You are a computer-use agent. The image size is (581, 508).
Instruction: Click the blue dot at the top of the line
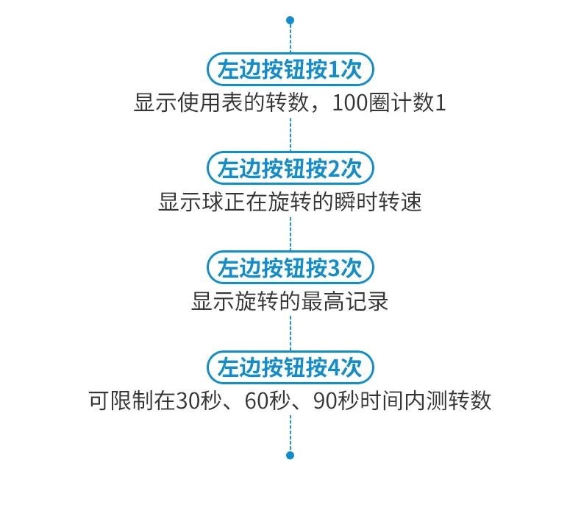tap(290, 20)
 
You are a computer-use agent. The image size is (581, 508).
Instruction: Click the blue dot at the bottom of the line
tap(290, 455)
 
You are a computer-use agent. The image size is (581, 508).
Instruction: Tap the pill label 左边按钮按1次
tap(290, 69)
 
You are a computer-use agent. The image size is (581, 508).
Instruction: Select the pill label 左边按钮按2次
tap(290, 168)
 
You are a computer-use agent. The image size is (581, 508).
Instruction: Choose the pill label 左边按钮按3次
tap(290, 267)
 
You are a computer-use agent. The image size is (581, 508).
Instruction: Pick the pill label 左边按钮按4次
tap(290, 367)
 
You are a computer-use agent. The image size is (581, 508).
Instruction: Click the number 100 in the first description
tap(350, 103)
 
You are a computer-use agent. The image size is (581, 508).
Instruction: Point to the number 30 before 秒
tap(188, 401)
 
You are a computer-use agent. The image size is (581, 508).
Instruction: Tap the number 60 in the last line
tap(256, 401)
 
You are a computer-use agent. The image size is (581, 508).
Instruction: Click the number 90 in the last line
tap(324, 401)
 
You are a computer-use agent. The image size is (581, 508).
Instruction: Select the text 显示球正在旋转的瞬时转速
tap(290, 202)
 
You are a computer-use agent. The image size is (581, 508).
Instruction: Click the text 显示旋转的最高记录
tap(290, 300)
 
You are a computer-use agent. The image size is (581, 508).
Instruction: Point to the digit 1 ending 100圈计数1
tap(441, 103)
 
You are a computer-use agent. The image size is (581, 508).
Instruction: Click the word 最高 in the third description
tap(322, 300)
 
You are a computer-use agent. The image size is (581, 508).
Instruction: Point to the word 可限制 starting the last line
tap(121, 401)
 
